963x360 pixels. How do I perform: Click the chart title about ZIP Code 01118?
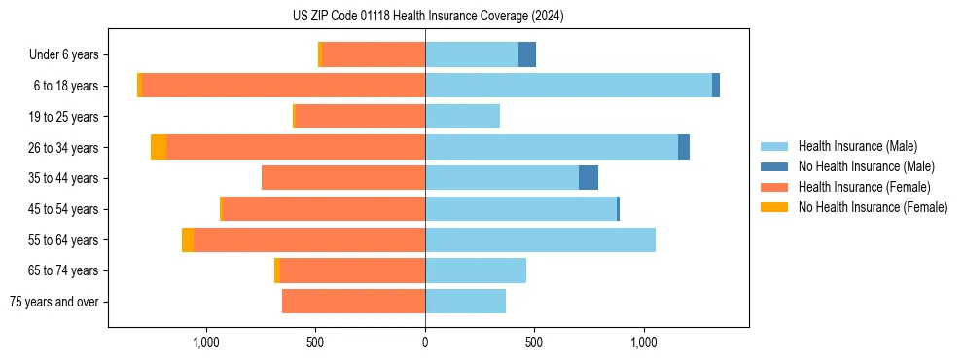click(x=428, y=17)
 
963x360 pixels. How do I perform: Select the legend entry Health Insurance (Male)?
click(x=857, y=146)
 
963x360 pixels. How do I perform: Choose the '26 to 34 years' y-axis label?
click(x=66, y=148)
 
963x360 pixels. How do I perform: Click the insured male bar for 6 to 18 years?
click(x=568, y=86)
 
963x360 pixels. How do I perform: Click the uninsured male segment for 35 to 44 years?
click(x=588, y=178)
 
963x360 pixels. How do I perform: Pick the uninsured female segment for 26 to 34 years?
click(x=159, y=147)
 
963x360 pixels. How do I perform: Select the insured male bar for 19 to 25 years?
click(x=462, y=117)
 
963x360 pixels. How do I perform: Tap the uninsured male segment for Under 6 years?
click(x=527, y=54)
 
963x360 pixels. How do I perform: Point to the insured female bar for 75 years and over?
click(x=353, y=302)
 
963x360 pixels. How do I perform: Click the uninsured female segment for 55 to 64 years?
click(x=187, y=239)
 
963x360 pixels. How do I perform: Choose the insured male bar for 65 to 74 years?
click(x=476, y=270)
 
